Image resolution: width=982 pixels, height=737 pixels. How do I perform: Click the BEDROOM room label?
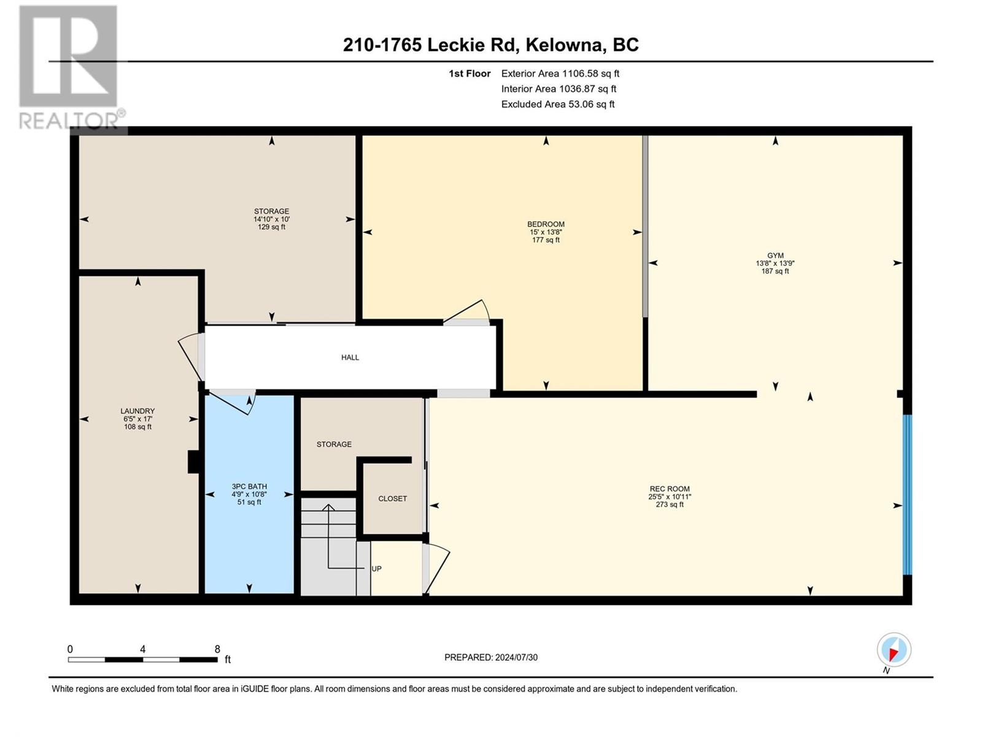(546, 224)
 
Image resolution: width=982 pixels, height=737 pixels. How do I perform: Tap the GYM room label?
(775, 255)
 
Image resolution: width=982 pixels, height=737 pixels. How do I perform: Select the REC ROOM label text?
(669, 489)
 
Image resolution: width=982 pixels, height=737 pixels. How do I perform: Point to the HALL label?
(350, 357)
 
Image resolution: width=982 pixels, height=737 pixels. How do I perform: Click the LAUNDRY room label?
(137, 411)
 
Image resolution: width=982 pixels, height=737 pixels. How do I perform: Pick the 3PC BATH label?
(249, 486)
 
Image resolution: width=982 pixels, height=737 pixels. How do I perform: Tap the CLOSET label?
(392, 499)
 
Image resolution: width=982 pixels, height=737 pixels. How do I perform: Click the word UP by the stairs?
(376, 569)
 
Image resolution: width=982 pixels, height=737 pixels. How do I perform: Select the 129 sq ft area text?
(271, 227)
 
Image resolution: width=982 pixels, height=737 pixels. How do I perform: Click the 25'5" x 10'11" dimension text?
(670, 497)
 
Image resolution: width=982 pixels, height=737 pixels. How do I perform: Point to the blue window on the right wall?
(907, 494)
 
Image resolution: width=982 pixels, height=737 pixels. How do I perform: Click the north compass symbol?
(894, 650)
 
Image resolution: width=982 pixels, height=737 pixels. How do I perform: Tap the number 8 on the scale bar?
(217, 649)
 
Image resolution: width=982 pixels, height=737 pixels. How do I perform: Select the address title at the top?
(491, 45)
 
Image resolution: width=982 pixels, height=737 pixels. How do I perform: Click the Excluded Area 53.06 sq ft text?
(558, 104)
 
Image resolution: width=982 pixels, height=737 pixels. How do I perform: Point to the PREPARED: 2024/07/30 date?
(491, 657)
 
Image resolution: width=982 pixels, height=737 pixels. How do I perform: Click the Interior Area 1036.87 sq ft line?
(559, 89)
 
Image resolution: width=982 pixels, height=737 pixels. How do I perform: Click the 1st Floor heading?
(470, 74)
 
